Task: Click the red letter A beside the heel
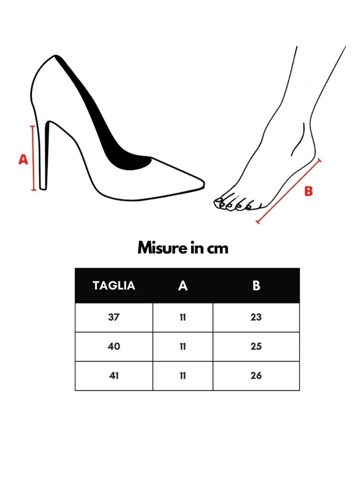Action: [24, 160]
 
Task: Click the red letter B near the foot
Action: [308, 191]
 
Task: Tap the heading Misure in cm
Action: [183, 248]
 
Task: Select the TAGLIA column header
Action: [114, 285]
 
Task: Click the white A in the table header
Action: [183, 285]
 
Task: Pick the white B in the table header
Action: [256, 285]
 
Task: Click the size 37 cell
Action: [114, 317]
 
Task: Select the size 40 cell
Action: [114, 346]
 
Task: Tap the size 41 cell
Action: [114, 376]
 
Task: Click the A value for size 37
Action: [183, 317]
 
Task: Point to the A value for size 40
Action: [183, 346]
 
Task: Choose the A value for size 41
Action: [183, 376]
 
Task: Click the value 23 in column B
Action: [256, 317]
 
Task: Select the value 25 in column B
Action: [256, 346]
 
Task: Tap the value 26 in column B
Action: [256, 376]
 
